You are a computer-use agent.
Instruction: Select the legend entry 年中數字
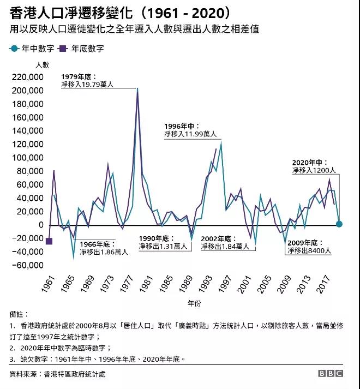(x=32, y=49)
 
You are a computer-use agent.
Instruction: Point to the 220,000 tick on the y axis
(x=27, y=77)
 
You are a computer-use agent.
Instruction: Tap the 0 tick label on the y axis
(x=40, y=225)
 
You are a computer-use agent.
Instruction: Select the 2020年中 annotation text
(x=315, y=166)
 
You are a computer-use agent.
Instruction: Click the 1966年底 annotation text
(x=104, y=248)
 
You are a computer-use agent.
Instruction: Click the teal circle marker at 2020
(x=339, y=224)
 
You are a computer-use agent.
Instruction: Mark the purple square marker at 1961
(x=49, y=242)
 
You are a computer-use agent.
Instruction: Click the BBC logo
(x=331, y=374)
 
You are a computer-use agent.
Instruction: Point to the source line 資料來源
(x=58, y=374)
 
